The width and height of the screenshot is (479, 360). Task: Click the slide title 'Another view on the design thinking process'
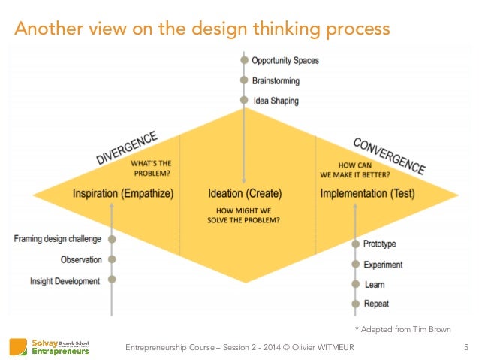pos(203,29)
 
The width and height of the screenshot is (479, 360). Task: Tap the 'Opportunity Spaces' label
pos(285,60)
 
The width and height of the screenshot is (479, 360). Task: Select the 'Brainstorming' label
pos(276,80)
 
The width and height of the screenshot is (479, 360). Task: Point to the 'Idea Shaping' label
pos(274,101)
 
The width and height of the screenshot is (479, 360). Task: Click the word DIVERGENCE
pos(128,148)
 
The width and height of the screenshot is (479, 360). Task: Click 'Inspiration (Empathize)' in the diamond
pos(123,193)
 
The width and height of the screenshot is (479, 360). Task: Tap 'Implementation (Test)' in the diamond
pos(363,193)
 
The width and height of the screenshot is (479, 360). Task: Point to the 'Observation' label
pos(81,260)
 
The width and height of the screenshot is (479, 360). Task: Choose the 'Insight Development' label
pos(65,281)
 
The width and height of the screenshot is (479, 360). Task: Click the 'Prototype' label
pos(379,244)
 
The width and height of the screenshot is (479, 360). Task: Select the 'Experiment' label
pos(383,265)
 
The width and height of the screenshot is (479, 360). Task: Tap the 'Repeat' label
pos(376,305)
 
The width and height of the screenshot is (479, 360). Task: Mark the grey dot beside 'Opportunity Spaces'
pos(243,60)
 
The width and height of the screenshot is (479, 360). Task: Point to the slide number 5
pos(466,346)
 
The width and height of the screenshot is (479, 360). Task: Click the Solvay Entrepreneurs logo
pos(50,346)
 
